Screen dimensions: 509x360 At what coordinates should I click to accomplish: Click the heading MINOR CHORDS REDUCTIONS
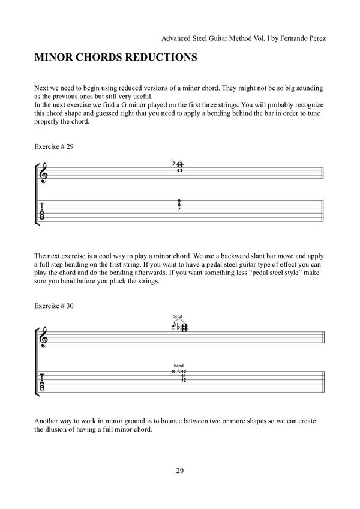click(116, 59)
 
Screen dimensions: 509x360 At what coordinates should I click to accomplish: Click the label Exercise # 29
click(55, 146)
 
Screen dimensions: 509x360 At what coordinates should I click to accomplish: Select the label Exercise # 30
click(55, 306)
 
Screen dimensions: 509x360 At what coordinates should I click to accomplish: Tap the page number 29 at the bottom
click(180, 470)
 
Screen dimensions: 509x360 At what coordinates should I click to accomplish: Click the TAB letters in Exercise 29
click(42, 211)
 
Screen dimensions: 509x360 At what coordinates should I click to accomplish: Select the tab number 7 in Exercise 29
click(179, 211)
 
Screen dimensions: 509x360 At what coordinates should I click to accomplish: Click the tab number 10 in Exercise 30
click(173, 372)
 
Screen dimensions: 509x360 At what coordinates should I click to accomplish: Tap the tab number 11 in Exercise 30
click(182, 376)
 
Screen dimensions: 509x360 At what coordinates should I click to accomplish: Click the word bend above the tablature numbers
click(178, 365)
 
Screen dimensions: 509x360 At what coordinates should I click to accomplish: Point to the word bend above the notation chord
click(177, 316)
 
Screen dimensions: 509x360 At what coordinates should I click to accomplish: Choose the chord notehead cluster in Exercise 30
click(183, 327)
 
